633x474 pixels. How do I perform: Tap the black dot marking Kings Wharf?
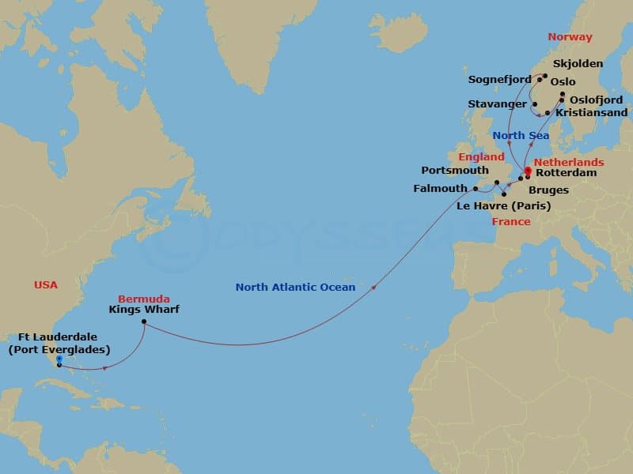[143, 322]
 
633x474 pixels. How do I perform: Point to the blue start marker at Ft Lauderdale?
[59, 359]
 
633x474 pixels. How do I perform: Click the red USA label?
[46, 284]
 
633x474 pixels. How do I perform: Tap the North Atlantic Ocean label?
[295, 288]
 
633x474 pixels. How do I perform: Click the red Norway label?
[570, 37]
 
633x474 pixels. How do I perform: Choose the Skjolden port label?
[578, 63]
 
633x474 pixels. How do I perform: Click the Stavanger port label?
[498, 103]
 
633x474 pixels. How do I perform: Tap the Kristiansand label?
[592, 112]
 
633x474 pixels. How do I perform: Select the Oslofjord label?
[597, 99]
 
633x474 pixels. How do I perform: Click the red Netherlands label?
[569, 162]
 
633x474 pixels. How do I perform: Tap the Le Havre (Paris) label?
[504, 206]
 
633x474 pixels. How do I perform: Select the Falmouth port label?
[439, 189]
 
